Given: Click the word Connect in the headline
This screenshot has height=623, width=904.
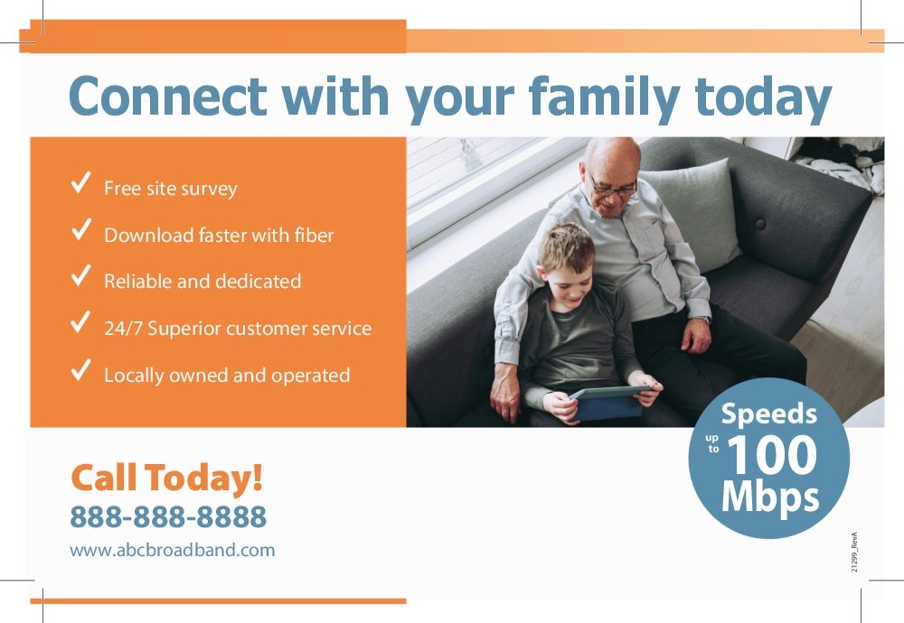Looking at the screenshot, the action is pyautogui.click(x=168, y=96).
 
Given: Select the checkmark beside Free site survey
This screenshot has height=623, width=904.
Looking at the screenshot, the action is pyautogui.click(x=80, y=182).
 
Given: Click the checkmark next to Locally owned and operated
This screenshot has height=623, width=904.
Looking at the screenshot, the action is pyautogui.click(x=80, y=369).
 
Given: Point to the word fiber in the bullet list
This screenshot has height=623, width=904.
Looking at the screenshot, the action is pyautogui.click(x=315, y=235).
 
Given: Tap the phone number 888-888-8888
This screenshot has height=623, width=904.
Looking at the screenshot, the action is pyautogui.click(x=168, y=516).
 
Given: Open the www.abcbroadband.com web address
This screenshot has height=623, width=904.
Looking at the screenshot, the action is pyautogui.click(x=173, y=550).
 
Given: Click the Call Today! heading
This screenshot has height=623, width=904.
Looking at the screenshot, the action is pyautogui.click(x=166, y=478).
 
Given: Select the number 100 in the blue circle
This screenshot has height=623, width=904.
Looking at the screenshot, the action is pyautogui.click(x=773, y=455).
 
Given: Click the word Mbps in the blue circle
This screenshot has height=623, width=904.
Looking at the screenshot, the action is pyautogui.click(x=770, y=497).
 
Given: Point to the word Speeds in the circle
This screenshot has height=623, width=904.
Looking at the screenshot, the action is pyautogui.click(x=769, y=414).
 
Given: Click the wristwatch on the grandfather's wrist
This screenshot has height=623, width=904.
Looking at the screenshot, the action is pyautogui.click(x=702, y=320).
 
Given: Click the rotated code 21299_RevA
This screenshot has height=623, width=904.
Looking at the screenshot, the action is pyautogui.click(x=854, y=552).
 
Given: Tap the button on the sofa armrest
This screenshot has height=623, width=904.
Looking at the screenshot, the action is pyautogui.click(x=760, y=224).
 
